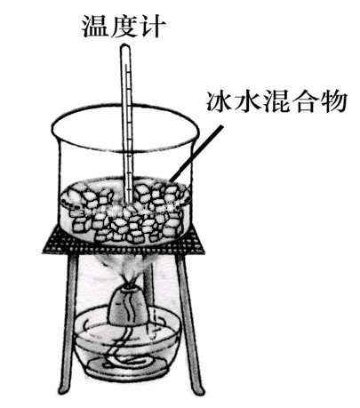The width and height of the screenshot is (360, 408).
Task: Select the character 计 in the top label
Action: pyautogui.click(x=151, y=26)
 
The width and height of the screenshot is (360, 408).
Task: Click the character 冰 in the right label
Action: pyautogui.click(x=220, y=101)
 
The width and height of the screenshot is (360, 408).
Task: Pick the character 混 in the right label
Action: pyautogui.click(x=276, y=101)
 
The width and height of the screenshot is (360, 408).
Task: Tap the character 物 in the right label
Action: pyautogui.click(x=332, y=101)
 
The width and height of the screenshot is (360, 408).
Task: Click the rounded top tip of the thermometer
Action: pyautogui.click(x=125, y=45)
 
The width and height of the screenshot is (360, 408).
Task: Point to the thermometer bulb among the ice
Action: pyautogui.click(x=129, y=197)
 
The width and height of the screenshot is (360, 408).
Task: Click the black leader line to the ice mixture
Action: pyautogui.click(x=196, y=153)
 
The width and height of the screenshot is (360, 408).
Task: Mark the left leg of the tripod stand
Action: pyautogui.click(x=69, y=323)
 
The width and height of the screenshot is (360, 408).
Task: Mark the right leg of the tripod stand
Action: pyautogui.click(x=189, y=323)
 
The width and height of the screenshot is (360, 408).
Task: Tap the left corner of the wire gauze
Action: pyautogui.click(x=43, y=252)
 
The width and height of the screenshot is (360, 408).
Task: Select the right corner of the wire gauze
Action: pyautogui.click(x=204, y=252)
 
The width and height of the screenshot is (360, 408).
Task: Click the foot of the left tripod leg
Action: pyautogui.click(x=62, y=389)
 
